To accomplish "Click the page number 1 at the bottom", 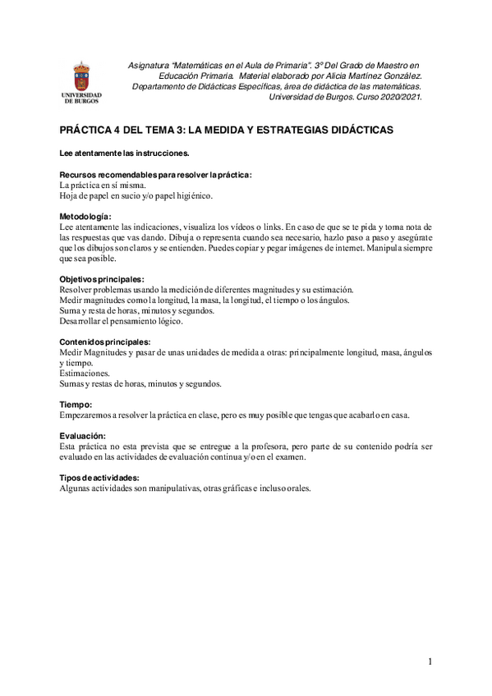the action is (x=429, y=661).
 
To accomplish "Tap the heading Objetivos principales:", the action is (x=102, y=279).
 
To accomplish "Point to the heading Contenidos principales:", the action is (x=105, y=341).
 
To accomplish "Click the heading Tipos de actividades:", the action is (x=99, y=478).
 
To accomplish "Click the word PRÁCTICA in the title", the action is (x=89, y=130).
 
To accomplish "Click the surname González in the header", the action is (x=398, y=75).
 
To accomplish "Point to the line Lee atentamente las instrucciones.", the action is (x=126, y=153).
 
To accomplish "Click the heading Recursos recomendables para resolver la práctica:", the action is (x=156, y=175).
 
